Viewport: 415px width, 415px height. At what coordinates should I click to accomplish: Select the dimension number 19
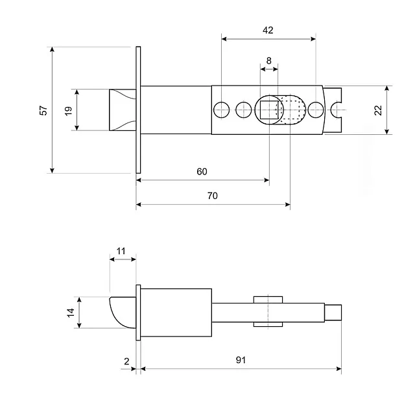[x=68, y=110]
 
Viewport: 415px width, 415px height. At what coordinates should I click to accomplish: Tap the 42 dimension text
[x=268, y=30]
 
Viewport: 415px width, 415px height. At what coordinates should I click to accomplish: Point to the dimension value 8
[x=268, y=61]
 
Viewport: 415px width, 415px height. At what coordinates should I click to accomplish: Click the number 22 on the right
[x=378, y=110]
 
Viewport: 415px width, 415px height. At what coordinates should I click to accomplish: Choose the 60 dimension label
[x=202, y=171]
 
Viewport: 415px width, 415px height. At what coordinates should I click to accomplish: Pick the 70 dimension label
[x=213, y=196]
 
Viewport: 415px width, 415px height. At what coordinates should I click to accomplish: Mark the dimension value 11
[x=123, y=250]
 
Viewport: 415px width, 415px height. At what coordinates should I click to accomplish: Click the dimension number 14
[x=71, y=313]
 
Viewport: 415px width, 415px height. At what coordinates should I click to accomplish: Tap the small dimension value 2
[x=126, y=360]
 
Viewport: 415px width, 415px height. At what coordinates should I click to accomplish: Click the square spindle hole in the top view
[x=268, y=110]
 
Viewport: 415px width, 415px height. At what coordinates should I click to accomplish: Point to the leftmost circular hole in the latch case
[x=222, y=110]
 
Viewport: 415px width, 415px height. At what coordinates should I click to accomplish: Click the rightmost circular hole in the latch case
[x=316, y=110]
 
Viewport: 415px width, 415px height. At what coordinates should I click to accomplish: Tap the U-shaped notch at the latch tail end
[x=337, y=110]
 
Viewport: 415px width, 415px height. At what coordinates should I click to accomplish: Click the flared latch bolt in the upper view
[x=121, y=110]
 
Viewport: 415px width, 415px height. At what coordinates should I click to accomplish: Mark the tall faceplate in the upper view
[x=138, y=110]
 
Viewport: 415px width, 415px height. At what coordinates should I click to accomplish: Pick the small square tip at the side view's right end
[x=333, y=313]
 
